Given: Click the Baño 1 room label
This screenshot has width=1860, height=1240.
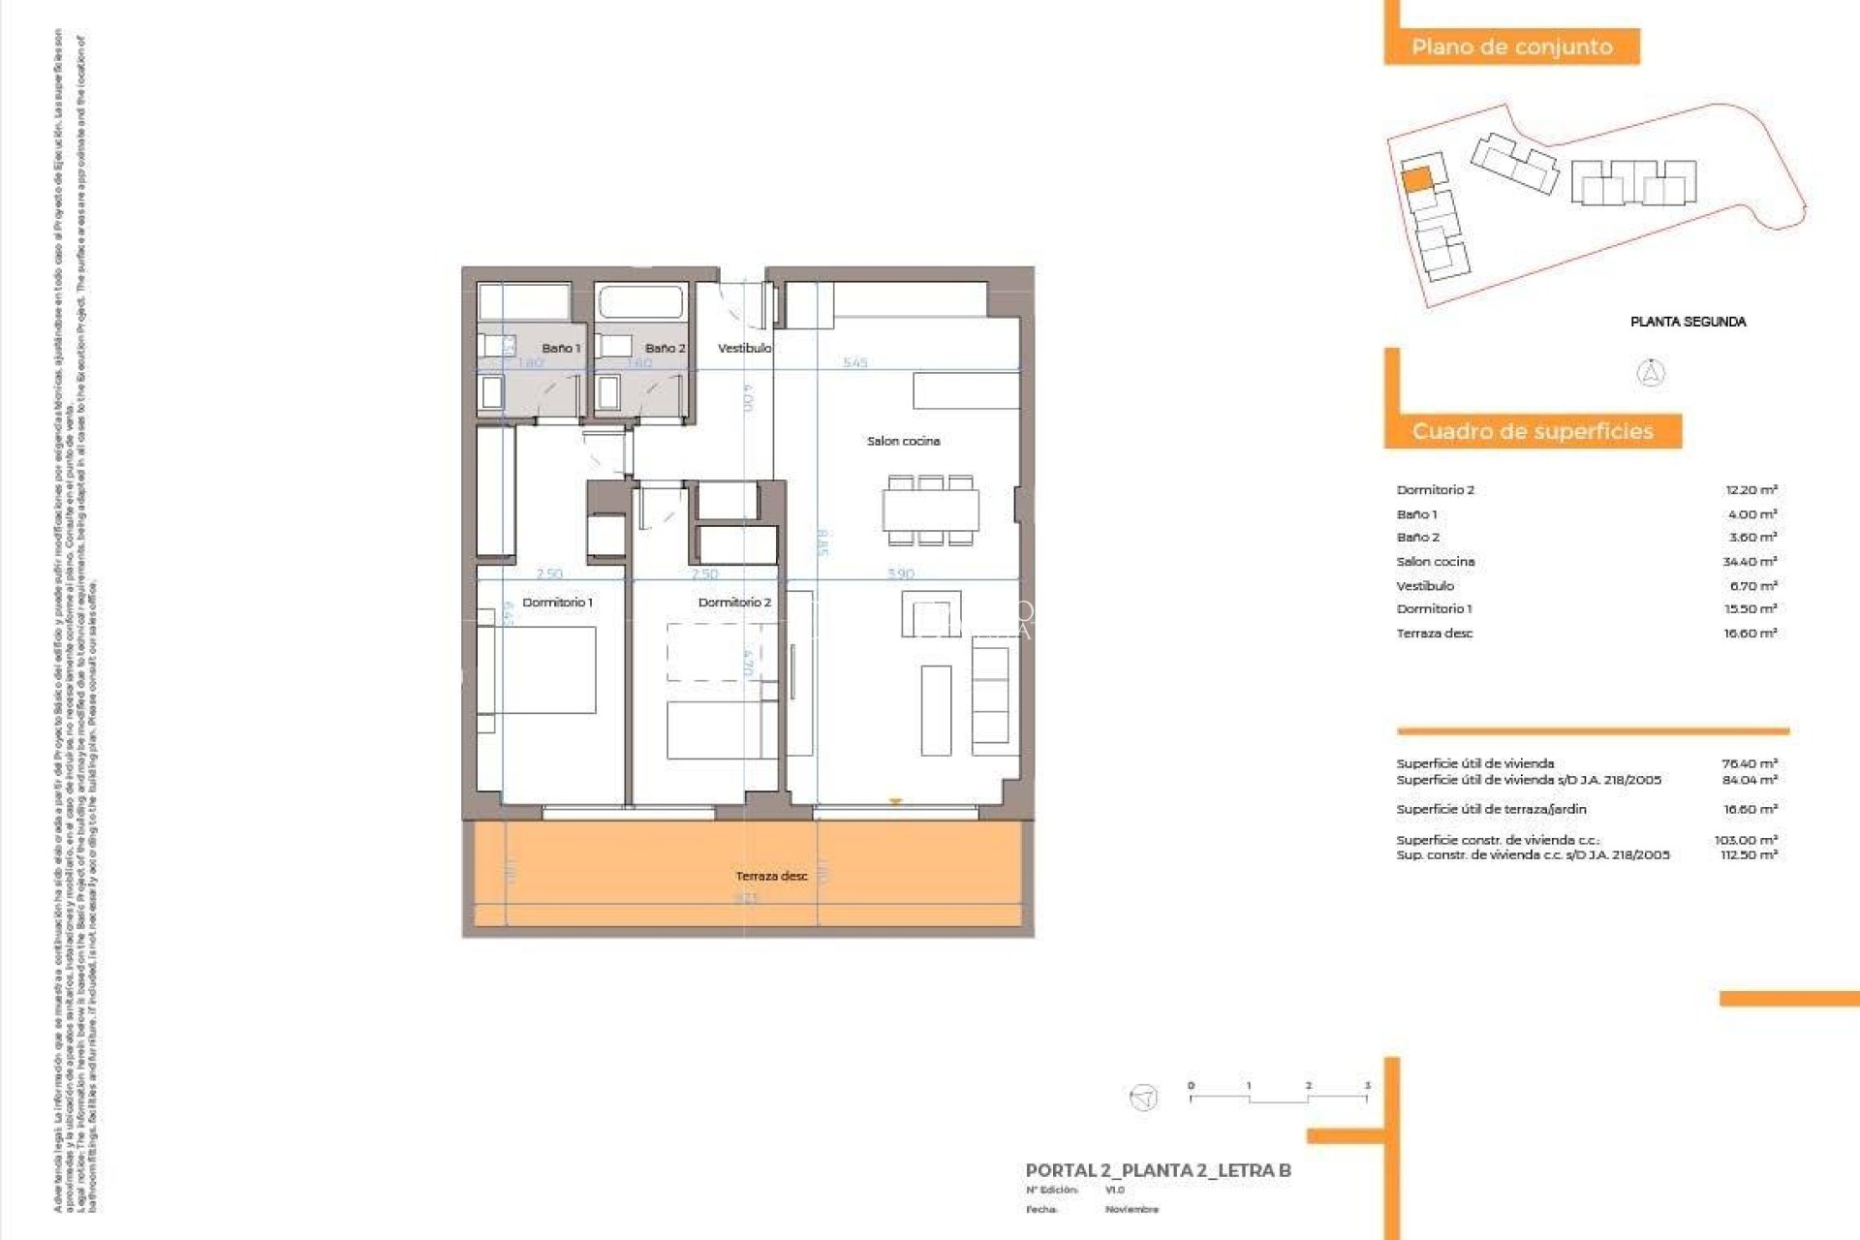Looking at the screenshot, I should point(561,348).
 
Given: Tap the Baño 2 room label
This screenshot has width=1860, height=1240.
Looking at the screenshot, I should point(665,348).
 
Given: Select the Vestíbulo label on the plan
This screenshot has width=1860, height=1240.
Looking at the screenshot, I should point(744,348).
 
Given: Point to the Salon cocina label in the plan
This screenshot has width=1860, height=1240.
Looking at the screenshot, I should point(903,441).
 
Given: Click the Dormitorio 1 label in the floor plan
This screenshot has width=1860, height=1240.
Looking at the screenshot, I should point(557,603).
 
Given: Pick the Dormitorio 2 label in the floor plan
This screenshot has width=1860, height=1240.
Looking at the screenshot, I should point(734,603).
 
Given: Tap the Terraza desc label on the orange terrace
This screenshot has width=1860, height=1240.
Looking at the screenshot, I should point(771,876).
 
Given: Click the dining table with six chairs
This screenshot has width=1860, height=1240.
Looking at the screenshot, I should point(930,511).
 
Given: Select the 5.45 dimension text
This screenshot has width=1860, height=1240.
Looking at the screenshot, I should point(854,363).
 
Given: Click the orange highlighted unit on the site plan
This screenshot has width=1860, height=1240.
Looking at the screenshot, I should point(1416,179).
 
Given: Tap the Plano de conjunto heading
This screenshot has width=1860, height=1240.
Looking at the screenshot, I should point(1511,46).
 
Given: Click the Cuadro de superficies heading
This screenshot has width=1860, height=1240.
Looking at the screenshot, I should point(1532,431).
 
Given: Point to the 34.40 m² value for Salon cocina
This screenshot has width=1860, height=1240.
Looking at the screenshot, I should point(1749,562).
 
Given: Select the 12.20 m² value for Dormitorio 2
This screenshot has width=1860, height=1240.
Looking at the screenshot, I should point(1751,490).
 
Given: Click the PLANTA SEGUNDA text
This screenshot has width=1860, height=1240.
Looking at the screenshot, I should point(1688,322).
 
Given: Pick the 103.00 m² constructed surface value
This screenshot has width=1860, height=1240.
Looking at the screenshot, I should point(1746,840).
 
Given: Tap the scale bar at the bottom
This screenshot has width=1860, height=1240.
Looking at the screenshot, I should point(1278,1097).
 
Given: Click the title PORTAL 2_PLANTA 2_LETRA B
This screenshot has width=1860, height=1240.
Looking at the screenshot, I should point(1158,1170).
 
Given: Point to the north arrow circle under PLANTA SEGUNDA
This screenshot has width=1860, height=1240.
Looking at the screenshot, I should point(1651,373).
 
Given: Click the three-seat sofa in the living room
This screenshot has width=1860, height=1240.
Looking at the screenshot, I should point(990,696).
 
